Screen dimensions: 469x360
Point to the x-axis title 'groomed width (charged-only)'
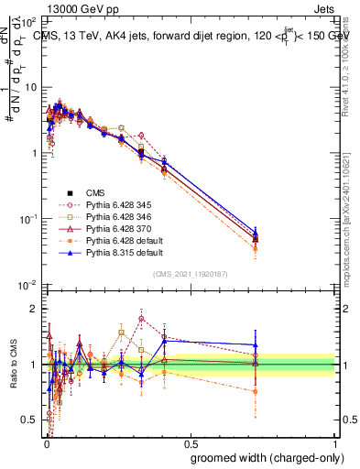pos(263,456)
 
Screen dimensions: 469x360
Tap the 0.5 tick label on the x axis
pos(190,441)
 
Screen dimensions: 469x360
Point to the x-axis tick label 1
pos(335,441)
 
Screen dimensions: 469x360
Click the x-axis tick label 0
pos(45,441)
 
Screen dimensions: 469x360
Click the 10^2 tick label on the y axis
pos(27,20)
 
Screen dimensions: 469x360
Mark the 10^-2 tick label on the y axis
pos(27,285)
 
